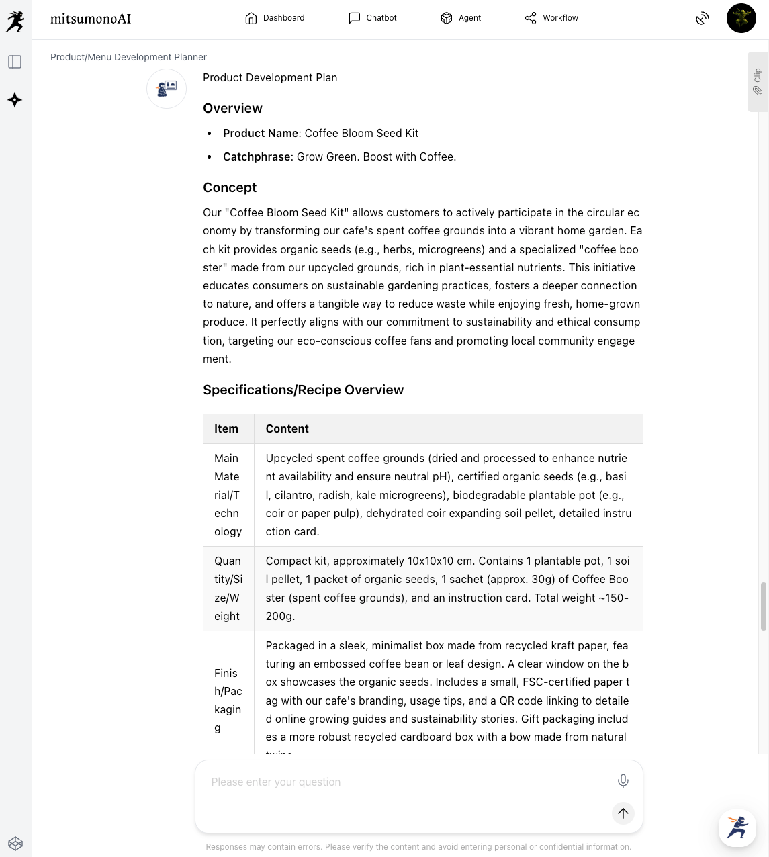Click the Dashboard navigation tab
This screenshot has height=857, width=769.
pos(275,18)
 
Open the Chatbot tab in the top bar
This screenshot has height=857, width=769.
pos(373,18)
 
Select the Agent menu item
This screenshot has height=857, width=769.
pos(461,18)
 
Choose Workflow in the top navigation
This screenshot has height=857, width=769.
pos(551,18)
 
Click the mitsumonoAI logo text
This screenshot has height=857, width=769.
pos(91,19)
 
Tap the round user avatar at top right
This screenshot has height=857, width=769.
pos(741,18)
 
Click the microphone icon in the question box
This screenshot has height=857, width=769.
pos(623,780)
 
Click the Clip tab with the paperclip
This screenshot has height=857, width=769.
pos(758,81)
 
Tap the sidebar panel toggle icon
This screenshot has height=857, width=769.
pos(15,62)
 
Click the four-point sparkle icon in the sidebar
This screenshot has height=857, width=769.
pos(15,100)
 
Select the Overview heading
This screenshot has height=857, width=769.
pos(232,108)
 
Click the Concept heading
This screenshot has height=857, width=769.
pos(230,187)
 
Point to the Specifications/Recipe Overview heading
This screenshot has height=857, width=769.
pos(303,390)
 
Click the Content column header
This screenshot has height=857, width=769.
pos(287,428)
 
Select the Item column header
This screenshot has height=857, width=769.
pos(226,428)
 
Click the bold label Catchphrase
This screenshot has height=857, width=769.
pos(257,156)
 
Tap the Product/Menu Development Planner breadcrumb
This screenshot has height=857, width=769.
pos(128,57)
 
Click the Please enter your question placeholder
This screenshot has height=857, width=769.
pos(276,782)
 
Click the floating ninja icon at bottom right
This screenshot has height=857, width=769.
pos(737,827)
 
